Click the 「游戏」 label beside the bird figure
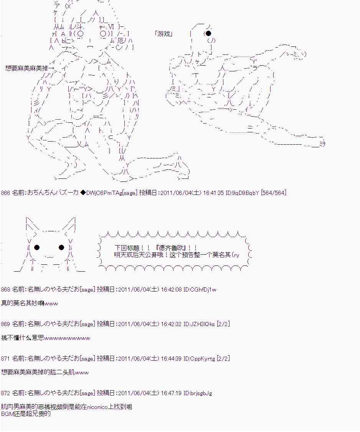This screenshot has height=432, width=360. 164,34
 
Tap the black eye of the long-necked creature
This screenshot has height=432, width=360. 208,33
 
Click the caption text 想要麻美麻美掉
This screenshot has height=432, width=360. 26,68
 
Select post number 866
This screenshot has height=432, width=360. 5,193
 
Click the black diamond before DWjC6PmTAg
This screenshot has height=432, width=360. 83,193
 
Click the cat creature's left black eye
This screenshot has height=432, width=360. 37,247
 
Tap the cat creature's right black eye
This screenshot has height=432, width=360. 61,247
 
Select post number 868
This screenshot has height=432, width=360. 5,290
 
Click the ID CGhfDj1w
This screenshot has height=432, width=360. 200,290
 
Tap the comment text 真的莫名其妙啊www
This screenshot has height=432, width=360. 30,303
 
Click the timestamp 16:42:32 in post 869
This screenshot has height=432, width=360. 171,324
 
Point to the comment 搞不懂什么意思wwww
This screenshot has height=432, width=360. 46,338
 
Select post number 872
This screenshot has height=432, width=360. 5,393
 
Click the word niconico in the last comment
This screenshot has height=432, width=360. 97,407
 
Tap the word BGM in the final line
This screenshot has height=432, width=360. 7,414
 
